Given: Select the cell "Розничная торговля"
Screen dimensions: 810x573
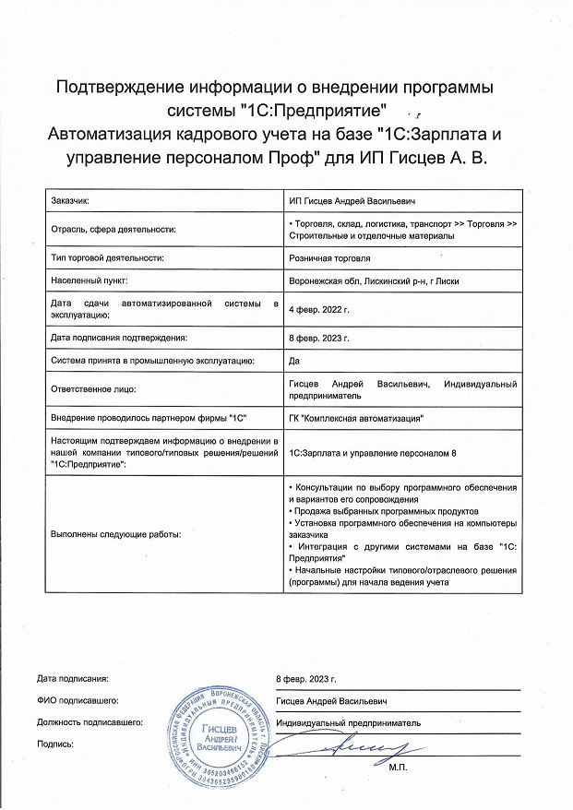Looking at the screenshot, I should click(x=329, y=258).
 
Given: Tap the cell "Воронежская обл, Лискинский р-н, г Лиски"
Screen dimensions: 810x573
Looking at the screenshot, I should click(x=374, y=280).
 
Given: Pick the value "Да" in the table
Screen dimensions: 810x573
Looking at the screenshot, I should click(x=294, y=362).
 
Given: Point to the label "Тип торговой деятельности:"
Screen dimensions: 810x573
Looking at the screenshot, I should click(x=107, y=258).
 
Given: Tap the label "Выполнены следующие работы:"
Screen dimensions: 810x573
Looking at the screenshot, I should click(x=115, y=534).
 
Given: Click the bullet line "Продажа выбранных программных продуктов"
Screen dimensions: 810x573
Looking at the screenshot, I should click(x=385, y=510).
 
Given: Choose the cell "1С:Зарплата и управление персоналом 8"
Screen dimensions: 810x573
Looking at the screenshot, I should click(x=373, y=452).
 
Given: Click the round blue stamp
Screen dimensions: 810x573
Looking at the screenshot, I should click(x=222, y=733).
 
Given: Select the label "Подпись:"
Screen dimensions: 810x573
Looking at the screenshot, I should click(x=54, y=743).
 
